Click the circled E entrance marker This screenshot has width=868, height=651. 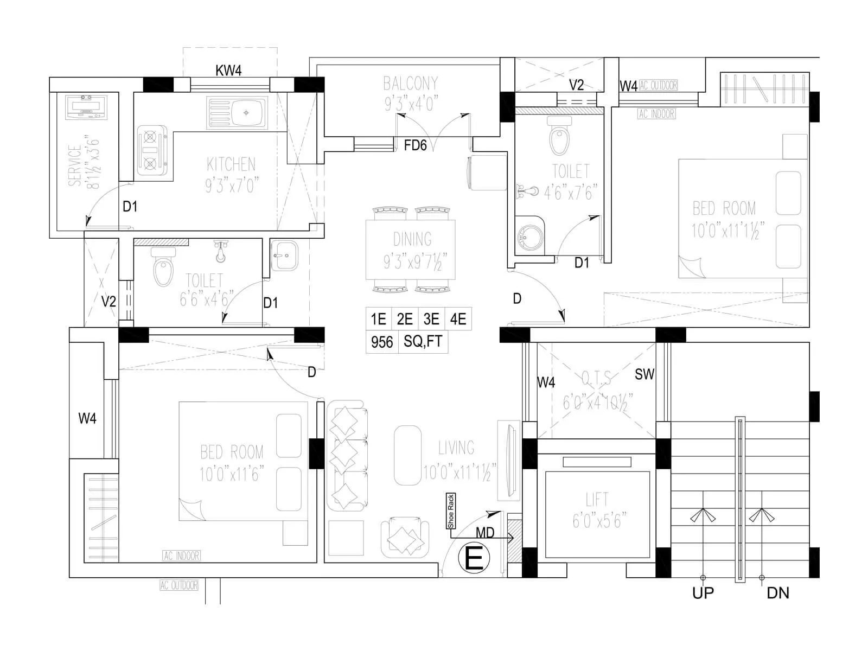click(474, 559)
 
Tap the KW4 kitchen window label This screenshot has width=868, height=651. click(228, 71)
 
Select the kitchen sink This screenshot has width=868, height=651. click(238, 113)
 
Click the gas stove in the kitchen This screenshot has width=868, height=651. click(149, 150)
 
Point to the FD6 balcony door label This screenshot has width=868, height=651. click(416, 145)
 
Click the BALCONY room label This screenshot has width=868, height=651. click(410, 84)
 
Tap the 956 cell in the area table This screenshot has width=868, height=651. click(382, 342)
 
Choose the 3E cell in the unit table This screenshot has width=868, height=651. click(431, 319)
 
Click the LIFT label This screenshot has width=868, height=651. click(597, 499)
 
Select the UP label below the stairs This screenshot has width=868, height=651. click(703, 593)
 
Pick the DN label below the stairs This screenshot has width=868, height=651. click(778, 593)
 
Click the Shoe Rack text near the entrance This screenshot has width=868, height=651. click(450, 511)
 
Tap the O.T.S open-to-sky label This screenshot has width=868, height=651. click(596, 378)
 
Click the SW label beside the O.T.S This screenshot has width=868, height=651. click(644, 374)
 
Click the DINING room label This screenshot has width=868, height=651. click(412, 239)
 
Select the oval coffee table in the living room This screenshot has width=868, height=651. click(407, 455)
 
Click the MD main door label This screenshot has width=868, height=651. click(485, 533)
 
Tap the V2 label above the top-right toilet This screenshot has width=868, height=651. click(576, 85)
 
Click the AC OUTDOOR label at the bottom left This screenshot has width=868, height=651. click(179, 585)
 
